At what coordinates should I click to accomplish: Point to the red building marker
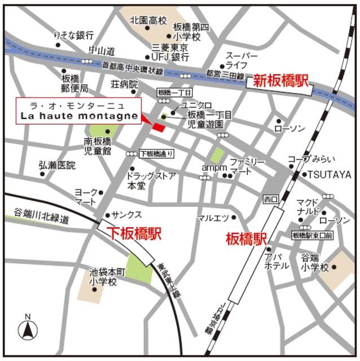(159, 128)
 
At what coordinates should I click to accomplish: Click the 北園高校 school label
(148, 20)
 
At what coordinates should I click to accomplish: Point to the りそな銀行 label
(73, 35)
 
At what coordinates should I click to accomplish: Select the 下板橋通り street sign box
(156, 153)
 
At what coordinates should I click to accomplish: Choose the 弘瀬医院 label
(56, 165)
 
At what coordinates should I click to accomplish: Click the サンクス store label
(126, 215)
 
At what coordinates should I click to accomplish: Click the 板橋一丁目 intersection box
(175, 92)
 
